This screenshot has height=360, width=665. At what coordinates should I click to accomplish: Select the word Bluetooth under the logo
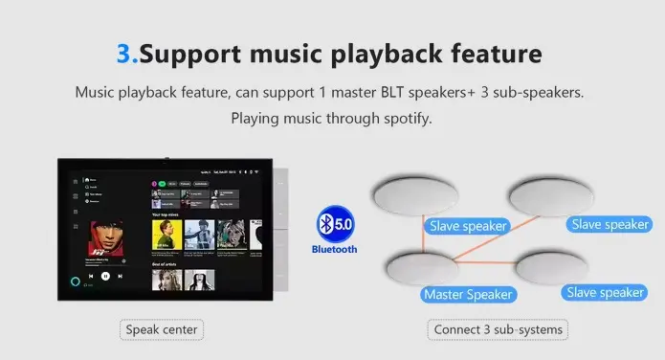point(334,249)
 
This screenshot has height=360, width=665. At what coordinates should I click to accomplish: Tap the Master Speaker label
point(468,294)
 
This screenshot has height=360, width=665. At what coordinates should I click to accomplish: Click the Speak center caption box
point(163,330)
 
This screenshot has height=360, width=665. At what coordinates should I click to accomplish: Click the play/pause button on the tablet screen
point(106,276)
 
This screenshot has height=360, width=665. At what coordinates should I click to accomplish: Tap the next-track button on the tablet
point(121,276)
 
